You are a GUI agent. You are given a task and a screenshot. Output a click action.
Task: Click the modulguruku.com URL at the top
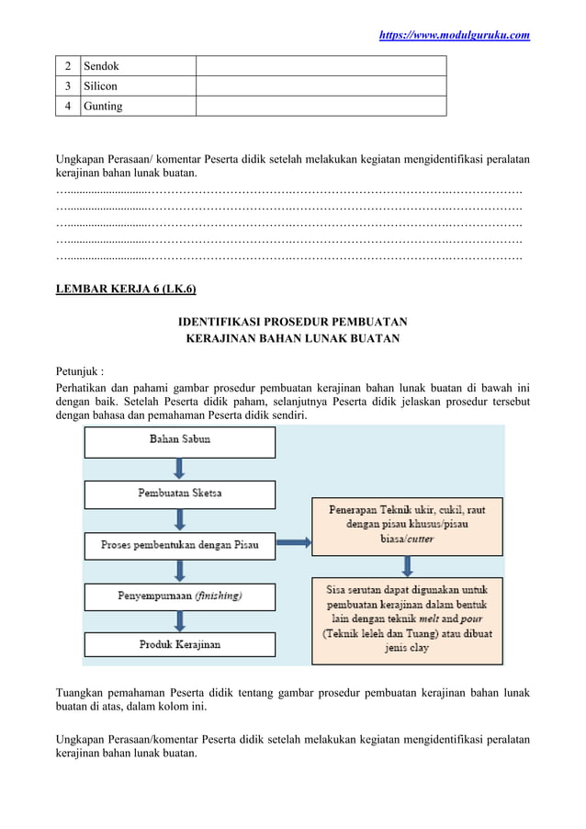tap(455, 35)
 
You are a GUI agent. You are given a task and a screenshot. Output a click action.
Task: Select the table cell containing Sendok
tap(137, 66)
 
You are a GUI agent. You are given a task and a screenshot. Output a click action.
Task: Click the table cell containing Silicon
tap(137, 85)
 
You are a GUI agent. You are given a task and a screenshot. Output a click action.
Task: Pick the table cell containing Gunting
tap(137, 106)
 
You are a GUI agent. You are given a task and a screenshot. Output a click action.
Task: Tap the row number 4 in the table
tap(67, 106)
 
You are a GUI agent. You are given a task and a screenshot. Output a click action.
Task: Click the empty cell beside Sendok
tap(321, 66)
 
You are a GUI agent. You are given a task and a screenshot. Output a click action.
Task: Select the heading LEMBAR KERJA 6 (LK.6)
tap(126, 290)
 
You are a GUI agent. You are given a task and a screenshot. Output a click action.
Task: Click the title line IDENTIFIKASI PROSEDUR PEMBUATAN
tap(292, 322)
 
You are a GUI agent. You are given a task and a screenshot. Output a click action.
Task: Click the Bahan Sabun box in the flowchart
tap(180, 440)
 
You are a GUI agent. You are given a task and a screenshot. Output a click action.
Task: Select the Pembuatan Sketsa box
tap(180, 494)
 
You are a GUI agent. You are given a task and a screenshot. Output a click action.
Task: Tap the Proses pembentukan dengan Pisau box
tap(180, 544)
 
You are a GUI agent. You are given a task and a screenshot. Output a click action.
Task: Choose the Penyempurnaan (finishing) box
tap(180, 596)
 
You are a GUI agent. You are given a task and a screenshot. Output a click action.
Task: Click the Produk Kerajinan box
tap(180, 644)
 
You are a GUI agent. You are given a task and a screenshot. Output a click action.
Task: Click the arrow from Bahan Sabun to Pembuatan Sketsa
tap(180, 468)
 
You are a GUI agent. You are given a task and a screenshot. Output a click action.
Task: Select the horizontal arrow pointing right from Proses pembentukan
tap(293, 542)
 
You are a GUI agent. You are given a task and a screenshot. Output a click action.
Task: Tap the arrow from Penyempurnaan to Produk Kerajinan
tap(180, 620)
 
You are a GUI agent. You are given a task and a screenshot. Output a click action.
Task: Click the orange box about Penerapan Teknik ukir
tap(407, 525)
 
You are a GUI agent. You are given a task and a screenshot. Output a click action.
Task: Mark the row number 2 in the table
tap(67, 66)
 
